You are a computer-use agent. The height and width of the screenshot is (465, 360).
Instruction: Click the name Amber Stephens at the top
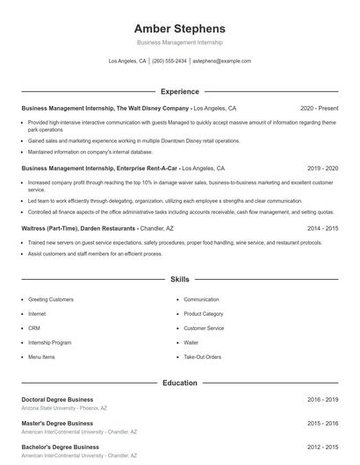(x=180, y=28)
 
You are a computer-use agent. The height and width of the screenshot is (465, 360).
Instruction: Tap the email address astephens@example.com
(x=221, y=61)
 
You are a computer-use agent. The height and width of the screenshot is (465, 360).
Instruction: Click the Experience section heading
(x=180, y=91)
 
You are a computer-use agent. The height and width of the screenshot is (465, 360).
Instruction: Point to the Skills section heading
(x=180, y=279)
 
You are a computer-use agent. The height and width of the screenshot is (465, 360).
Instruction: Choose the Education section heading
(x=180, y=383)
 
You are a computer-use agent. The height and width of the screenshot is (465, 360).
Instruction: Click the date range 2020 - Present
(x=319, y=108)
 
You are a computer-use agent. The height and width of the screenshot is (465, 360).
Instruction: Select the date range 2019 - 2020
(x=322, y=168)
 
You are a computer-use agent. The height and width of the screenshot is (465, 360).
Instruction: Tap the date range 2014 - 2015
(x=322, y=227)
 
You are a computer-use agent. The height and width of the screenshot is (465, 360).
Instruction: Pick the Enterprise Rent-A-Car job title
(x=99, y=168)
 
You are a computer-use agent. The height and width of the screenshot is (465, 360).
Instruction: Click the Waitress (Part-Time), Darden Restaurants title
(x=78, y=227)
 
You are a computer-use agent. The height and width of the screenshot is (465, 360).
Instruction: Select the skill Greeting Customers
(x=51, y=299)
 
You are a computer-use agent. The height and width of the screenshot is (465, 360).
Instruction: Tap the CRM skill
(x=35, y=328)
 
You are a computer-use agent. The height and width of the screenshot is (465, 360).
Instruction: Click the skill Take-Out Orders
(x=202, y=357)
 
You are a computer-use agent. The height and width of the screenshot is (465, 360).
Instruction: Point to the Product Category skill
(x=203, y=313)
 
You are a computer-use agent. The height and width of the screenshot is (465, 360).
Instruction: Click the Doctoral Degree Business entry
(x=57, y=399)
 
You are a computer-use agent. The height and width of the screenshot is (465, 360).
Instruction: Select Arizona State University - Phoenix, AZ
(x=64, y=408)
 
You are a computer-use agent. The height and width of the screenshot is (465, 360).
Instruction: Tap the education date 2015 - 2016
(x=322, y=423)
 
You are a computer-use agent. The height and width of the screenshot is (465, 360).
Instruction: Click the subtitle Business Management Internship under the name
(x=180, y=42)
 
